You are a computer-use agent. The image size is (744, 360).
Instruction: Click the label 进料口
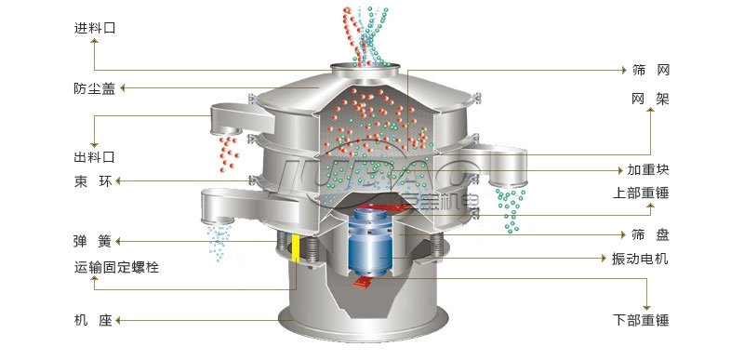point(95,28)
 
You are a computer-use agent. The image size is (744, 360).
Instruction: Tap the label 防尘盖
point(95,88)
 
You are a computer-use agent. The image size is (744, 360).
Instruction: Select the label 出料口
point(95,157)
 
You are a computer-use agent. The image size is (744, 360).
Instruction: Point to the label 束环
point(94,181)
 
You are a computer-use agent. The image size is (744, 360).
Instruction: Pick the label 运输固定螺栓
point(116,268)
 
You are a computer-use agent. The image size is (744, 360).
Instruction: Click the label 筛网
point(650,71)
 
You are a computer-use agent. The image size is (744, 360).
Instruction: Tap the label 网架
point(650,100)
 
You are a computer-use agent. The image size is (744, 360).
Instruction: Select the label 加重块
point(648,170)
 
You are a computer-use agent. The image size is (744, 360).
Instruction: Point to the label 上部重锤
point(641,193)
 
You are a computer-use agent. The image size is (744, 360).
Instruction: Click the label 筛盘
point(650,234)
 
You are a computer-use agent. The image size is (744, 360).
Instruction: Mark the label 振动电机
point(640,259)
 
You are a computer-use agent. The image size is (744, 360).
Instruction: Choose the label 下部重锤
point(641,321)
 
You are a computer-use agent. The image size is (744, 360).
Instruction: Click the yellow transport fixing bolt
point(296,247)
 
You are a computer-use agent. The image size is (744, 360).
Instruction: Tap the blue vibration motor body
point(370,242)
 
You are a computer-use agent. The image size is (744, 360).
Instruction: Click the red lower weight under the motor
point(363,282)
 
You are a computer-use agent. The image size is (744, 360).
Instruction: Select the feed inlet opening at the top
point(365,66)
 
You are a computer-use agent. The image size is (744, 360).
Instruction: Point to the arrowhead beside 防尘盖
point(122,87)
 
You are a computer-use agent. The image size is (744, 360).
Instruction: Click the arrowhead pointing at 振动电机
point(604,259)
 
